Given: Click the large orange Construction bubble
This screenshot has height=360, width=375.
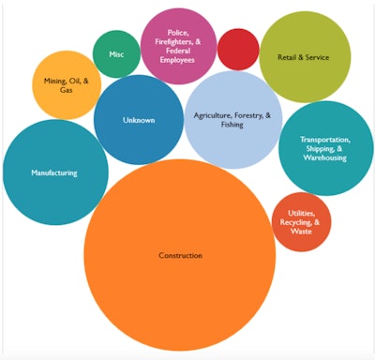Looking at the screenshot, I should click(x=180, y=255).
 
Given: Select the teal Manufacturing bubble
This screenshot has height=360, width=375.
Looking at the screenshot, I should click(x=54, y=172).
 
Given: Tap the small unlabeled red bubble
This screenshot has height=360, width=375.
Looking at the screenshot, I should click(x=238, y=49).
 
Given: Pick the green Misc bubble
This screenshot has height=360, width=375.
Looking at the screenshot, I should click(x=116, y=53).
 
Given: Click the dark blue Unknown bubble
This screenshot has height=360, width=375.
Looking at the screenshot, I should click(x=139, y=120).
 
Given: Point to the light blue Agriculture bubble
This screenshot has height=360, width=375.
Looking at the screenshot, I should click(x=233, y=120).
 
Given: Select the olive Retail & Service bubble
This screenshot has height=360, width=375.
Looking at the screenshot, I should click(x=305, y=57).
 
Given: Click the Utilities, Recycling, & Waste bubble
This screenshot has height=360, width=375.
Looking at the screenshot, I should click(x=301, y=223).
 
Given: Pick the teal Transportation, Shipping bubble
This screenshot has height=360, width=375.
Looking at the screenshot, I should click(x=325, y=148).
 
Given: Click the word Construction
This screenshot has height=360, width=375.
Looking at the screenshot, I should click(x=180, y=255).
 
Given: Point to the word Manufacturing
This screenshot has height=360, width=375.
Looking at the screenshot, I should click(x=54, y=172).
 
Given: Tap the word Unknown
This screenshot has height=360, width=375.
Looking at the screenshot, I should click(x=139, y=120).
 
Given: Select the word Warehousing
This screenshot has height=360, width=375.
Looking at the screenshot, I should click(x=325, y=158).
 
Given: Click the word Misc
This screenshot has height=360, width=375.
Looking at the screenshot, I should click(x=116, y=53).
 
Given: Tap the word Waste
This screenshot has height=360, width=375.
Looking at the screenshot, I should click(x=301, y=232).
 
